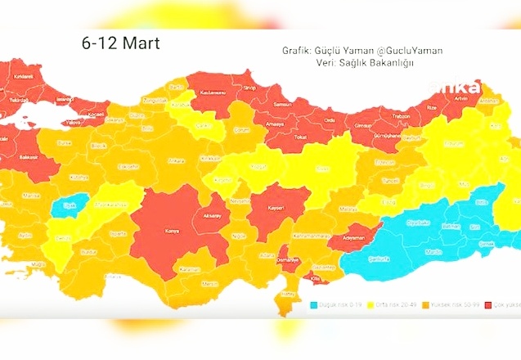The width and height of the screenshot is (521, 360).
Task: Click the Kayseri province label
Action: click(273, 206)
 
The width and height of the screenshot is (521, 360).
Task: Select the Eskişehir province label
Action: click(129, 165)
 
